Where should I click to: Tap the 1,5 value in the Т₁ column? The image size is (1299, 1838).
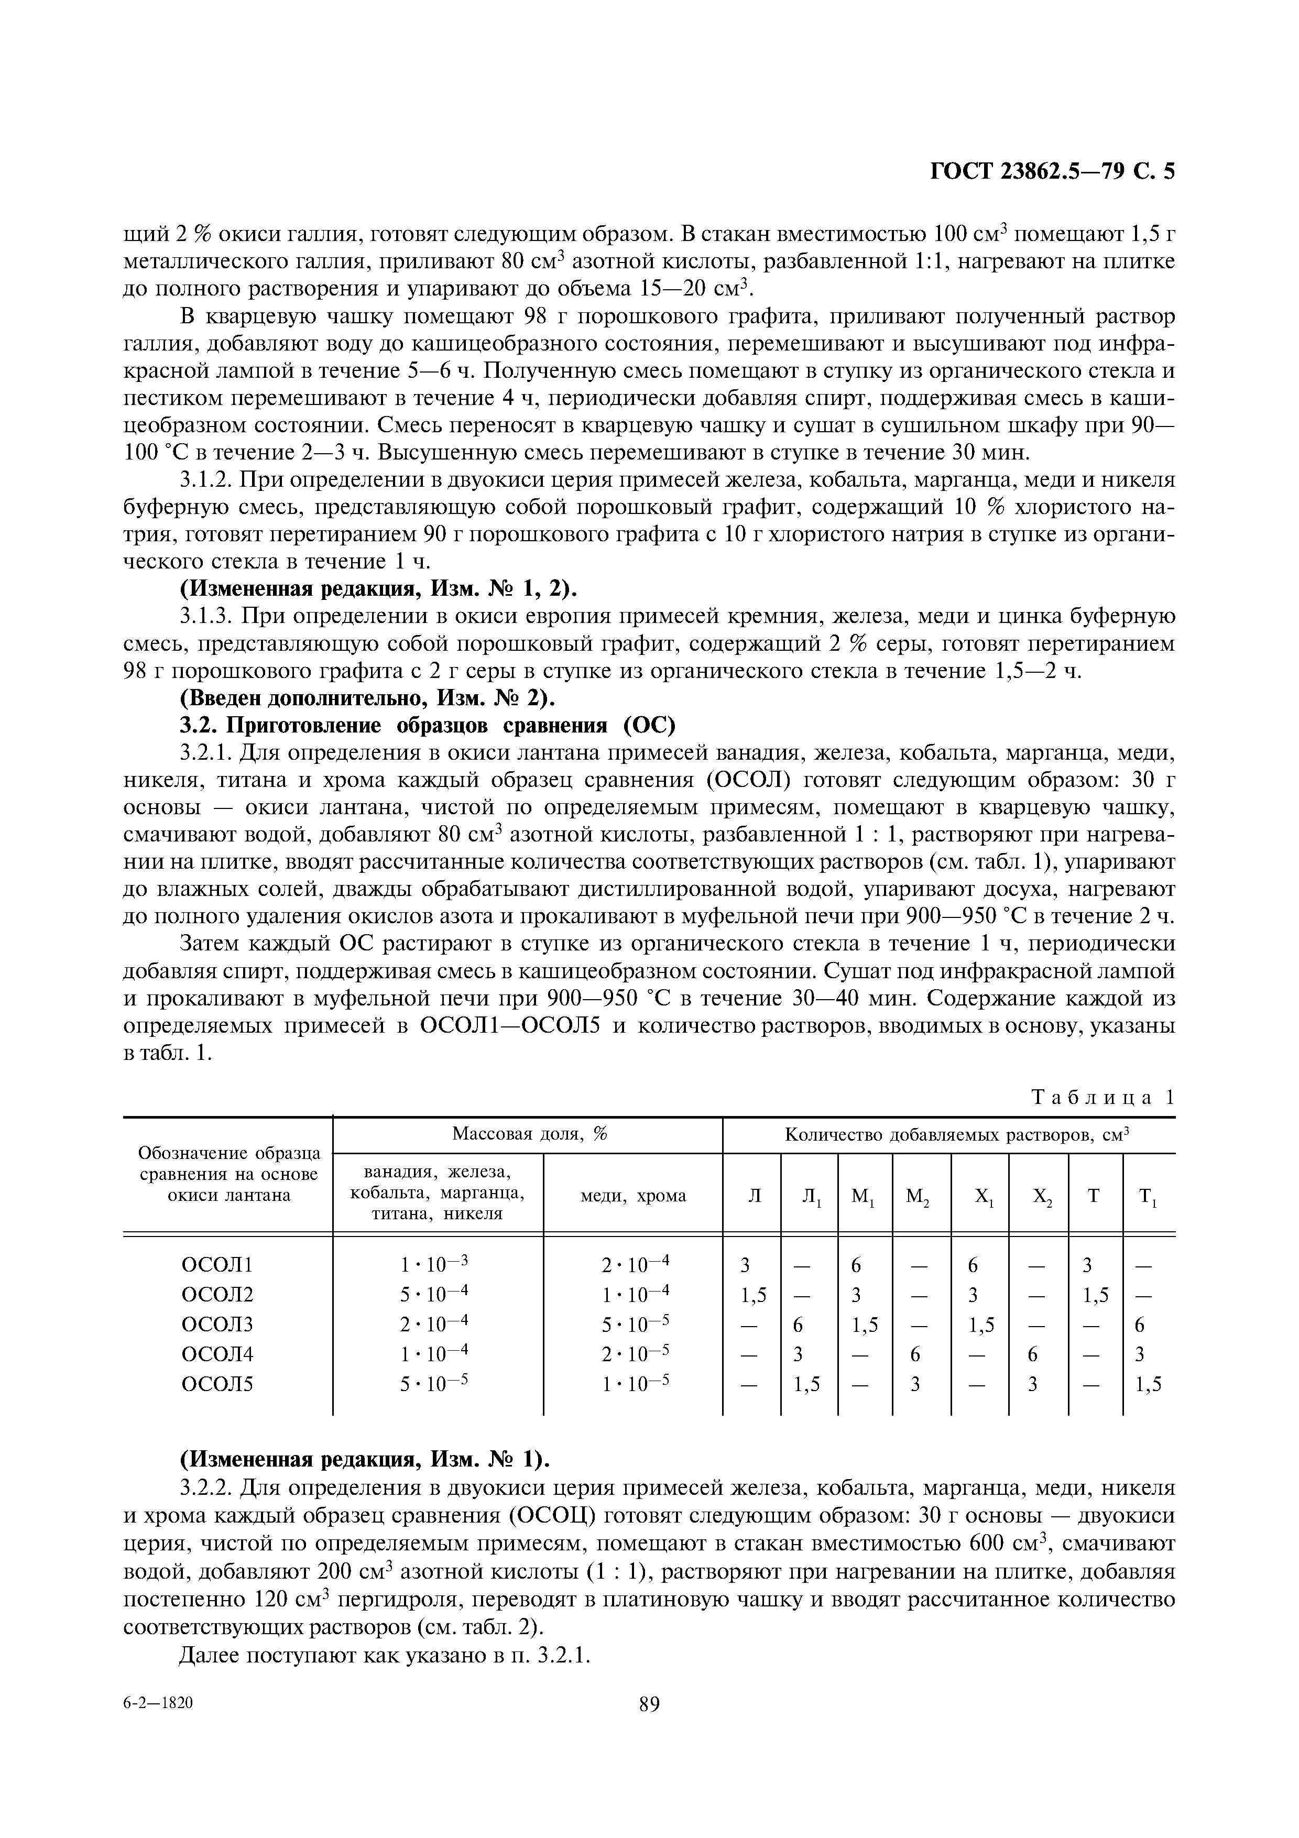1149,1384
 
